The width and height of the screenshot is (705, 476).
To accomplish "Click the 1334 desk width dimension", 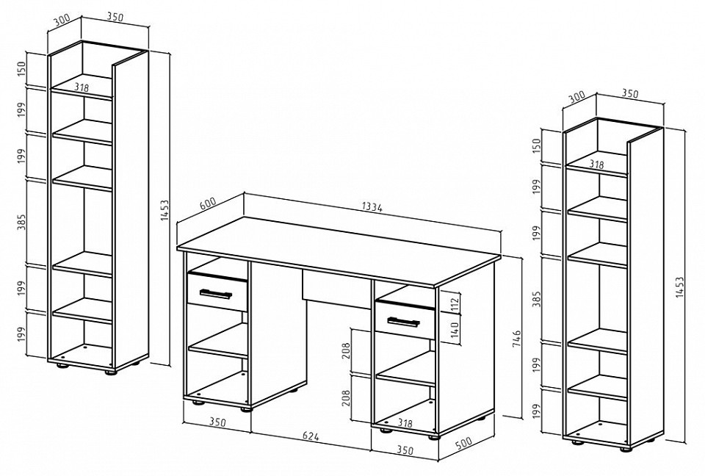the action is tap(372, 207).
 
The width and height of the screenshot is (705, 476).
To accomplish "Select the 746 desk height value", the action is tap(516, 339).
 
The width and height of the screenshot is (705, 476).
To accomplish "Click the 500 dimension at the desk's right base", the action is tap(463, 443).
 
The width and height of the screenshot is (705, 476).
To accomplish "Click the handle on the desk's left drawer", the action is tap(216, 294).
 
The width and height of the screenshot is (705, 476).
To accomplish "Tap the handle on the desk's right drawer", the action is tap(403, 321).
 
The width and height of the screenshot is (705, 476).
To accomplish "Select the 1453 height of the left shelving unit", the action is tap(164, 210).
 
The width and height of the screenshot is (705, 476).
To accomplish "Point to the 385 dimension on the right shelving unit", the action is tap(537, 299).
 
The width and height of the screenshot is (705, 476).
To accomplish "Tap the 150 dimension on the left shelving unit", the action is tap(22, 69).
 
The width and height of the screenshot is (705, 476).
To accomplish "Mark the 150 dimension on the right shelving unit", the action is tap(537, 145).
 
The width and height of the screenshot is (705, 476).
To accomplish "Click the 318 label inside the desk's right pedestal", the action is tap(405, 423).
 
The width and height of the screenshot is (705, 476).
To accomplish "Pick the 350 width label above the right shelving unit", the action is tap(629, 93).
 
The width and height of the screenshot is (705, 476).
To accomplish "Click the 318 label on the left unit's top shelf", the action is tap(81, 87).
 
